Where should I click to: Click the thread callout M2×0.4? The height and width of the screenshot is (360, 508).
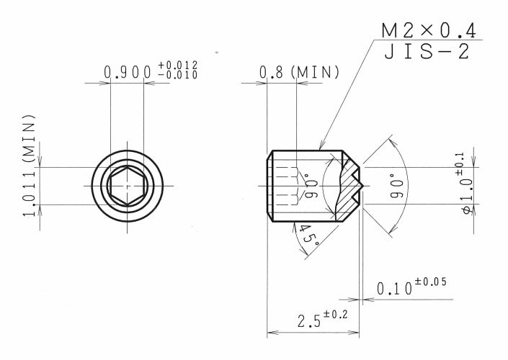coord(429,31)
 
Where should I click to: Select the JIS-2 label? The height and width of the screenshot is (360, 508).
coord(427,52)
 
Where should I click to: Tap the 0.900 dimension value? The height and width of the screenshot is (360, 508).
coord(128,72)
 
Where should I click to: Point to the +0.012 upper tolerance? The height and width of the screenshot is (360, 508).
coord(178,65)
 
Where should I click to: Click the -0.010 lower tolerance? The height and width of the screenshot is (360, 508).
coord(178,75)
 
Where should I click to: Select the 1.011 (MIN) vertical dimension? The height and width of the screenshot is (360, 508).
coord(29,166)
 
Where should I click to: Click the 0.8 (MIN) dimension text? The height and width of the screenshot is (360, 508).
coord(299,72)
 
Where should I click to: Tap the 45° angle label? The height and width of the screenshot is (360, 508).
coord(307,235)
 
